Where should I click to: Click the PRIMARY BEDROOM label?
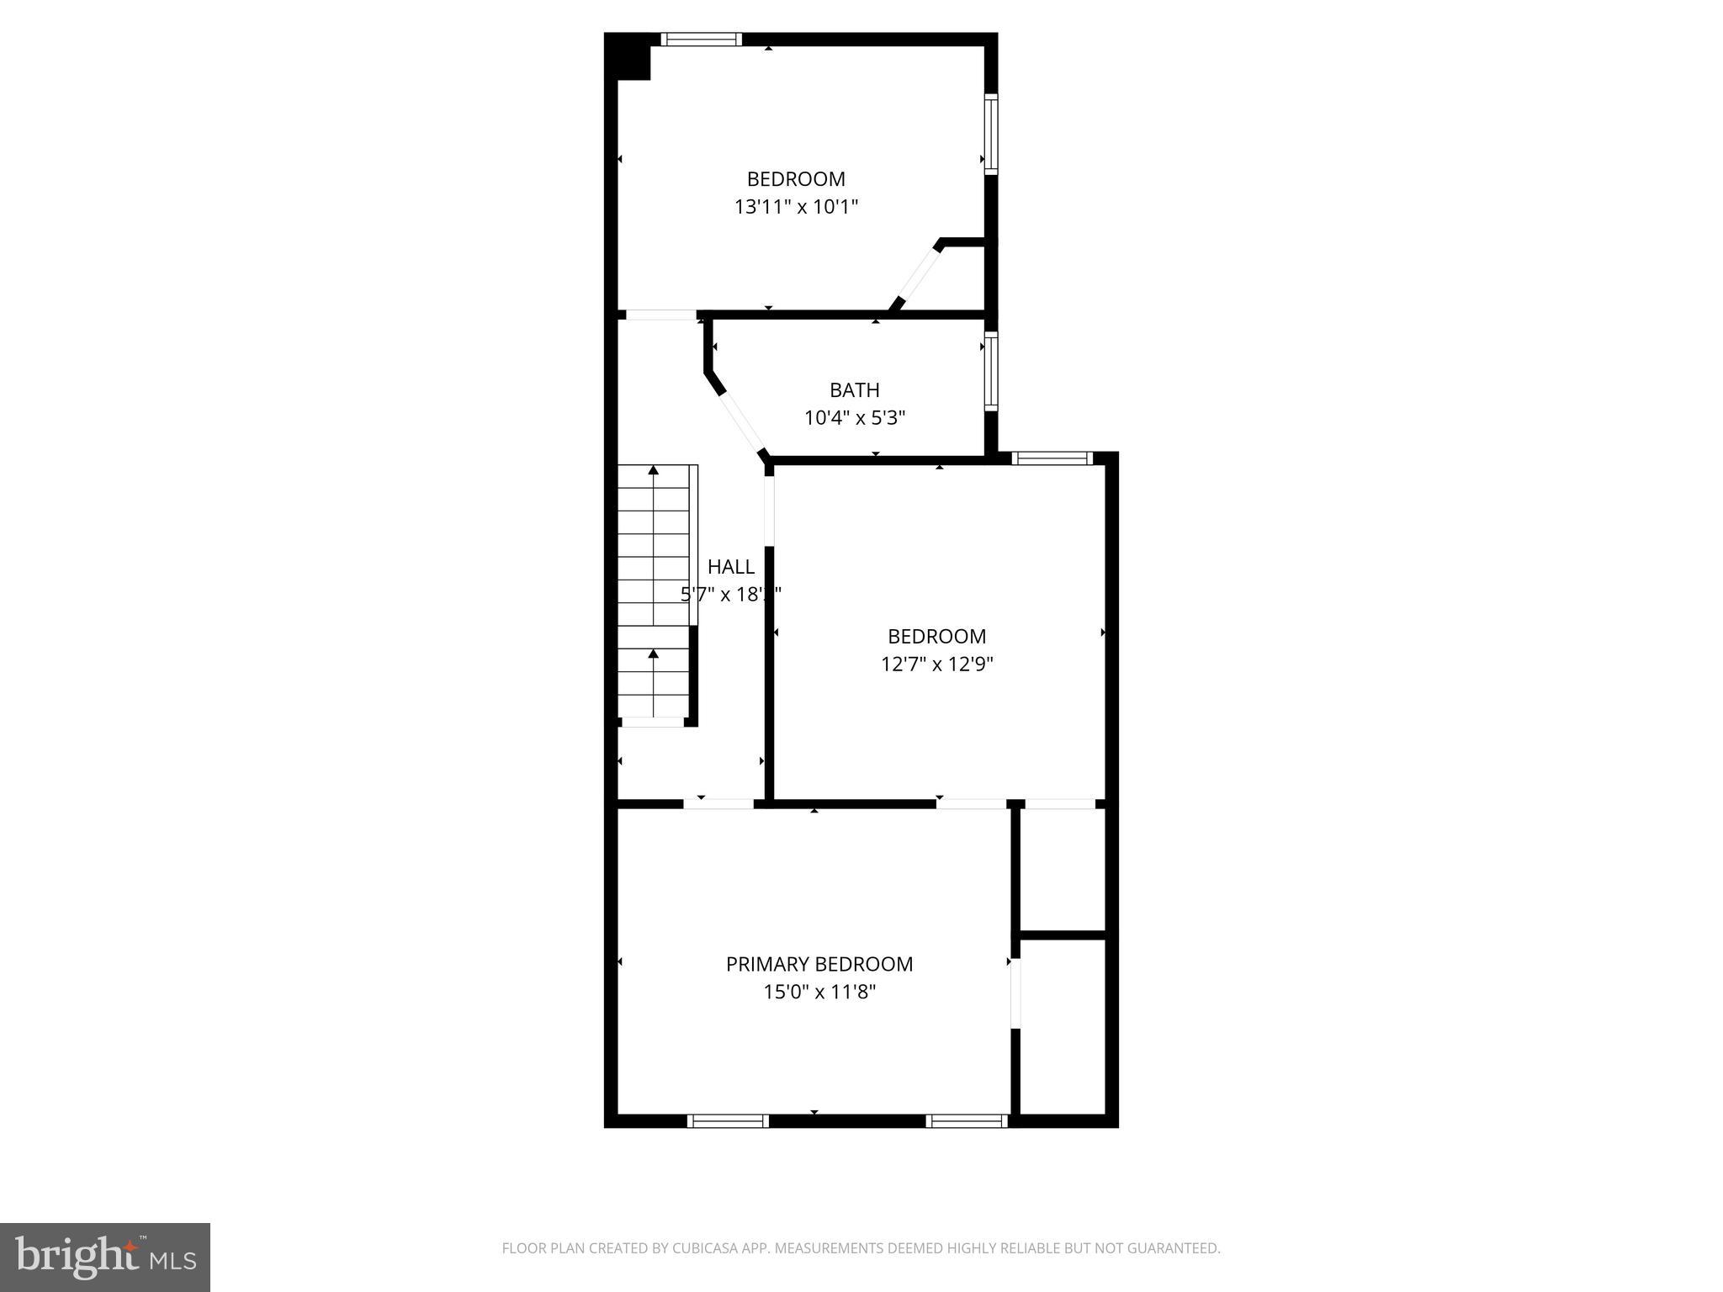point(819,964)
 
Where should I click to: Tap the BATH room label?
point(854,390)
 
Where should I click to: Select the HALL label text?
point(730,567)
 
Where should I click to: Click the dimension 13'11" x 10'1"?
point(796,207)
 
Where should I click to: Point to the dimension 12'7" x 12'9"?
point(936,665)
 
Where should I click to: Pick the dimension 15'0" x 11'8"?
point(819,993)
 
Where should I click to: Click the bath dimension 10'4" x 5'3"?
point(854,418)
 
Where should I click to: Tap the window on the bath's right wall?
point(991,372)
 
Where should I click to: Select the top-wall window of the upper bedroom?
point(701,39)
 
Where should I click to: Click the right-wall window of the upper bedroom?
point(991,135)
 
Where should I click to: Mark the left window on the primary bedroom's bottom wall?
point(728,1120)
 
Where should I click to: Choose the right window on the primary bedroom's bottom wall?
point(967,1120)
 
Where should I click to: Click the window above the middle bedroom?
point(1052,458)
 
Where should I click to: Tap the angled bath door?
point(740,422)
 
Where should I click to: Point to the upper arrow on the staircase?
point(653,471)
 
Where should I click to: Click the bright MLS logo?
point(105,1257)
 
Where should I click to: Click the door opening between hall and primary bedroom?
point(718,803)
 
